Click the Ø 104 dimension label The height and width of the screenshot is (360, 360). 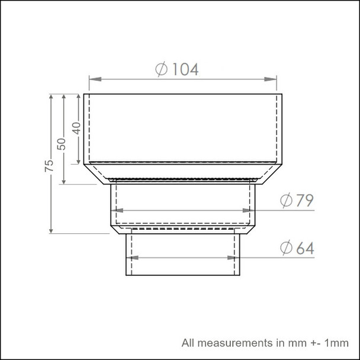pos(176,69)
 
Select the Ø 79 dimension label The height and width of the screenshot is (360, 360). pos(297,201)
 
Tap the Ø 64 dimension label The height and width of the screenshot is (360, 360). pos(297,249)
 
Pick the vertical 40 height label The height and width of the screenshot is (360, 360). pos(75,128)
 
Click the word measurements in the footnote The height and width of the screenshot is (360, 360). pos(231,342)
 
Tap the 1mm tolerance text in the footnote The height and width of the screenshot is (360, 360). pos(333,342)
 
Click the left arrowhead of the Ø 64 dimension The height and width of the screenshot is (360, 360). pos(133,258)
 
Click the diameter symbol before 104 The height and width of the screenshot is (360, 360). pos(162,69)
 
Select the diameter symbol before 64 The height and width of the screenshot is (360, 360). pos(286,249)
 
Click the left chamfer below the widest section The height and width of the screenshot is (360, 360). pos(97,174)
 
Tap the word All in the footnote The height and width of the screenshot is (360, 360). pos(188,342)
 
